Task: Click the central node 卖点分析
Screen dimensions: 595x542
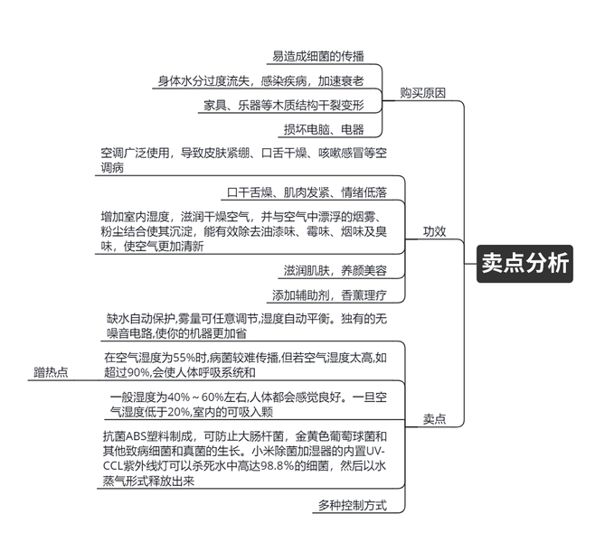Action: pos(524,263)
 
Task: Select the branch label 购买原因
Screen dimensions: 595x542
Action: pos(422,92)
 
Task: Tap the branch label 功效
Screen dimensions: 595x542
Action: pos(435,230)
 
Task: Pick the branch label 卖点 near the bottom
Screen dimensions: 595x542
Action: pos(435,419)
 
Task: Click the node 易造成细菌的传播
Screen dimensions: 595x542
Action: pos(326,57)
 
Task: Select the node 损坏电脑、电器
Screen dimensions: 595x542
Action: pos(324,128)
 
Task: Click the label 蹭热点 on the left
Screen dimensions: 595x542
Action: pos(52,371)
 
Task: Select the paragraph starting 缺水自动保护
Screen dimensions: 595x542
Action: pos(247,325)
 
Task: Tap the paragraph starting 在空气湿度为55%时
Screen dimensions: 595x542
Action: pos(245,364)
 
